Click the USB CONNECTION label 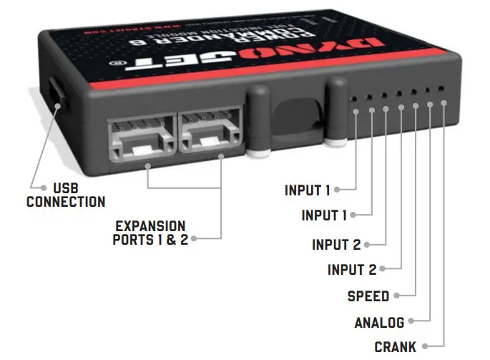(65, 194)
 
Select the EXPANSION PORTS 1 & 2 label (150, 233)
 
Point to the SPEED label (368, 296)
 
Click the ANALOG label (379, 322)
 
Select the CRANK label (395, 347)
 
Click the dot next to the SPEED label (396, 296)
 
